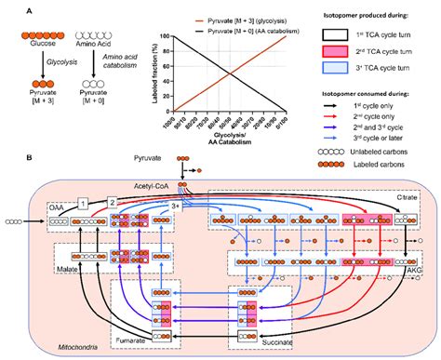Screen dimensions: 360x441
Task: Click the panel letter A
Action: (7, 12)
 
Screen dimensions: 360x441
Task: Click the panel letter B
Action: (7, 163)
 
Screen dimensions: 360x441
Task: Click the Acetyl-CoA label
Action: (155, 186)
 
